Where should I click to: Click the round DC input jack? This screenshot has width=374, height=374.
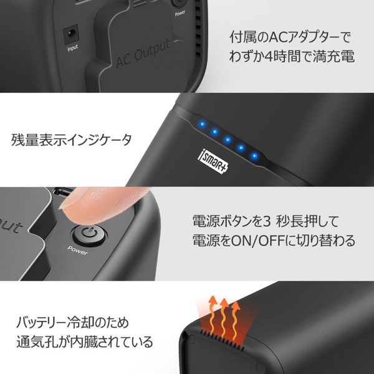[71, 34]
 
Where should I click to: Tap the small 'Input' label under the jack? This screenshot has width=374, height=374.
[72, 48]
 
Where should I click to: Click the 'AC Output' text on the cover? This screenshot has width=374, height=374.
[143, 53]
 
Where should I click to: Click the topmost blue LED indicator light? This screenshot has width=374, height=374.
[202, 124]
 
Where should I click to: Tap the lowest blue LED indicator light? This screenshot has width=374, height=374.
[254, 156]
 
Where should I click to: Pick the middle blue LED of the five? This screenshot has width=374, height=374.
[228, 139]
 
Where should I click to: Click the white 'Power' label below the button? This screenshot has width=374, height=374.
[77, 250]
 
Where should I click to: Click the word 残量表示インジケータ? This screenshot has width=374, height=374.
[71, 140]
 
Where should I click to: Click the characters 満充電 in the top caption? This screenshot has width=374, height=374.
[333, 57]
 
